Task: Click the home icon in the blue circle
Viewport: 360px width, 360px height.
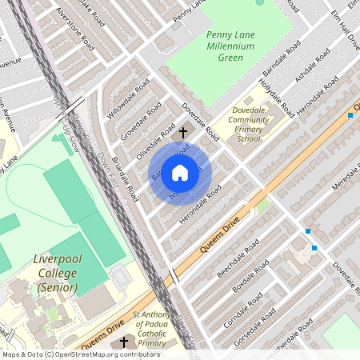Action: pos(180,173)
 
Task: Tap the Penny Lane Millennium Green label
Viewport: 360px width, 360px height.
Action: pos(230,46)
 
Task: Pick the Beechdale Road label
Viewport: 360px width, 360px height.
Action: pos(238,258)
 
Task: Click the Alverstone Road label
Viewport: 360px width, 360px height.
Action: pos(75,30)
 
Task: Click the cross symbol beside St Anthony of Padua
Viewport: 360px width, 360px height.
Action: pos(124,342)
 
